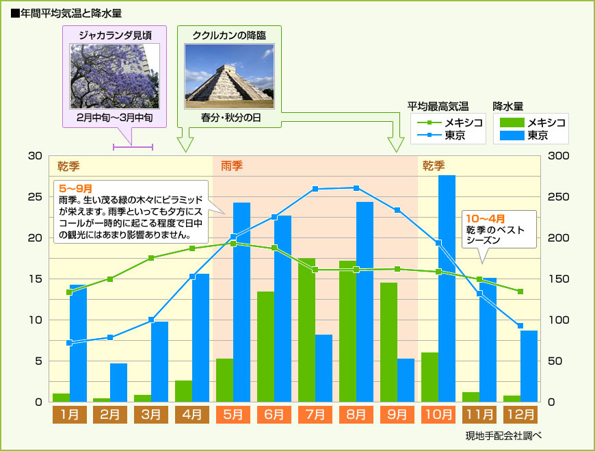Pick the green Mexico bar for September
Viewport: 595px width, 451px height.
point(388,342)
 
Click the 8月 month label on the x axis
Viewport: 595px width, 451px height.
point(356,414)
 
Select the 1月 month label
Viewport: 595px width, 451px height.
point(69,414)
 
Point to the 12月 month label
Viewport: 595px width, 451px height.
point(520,414)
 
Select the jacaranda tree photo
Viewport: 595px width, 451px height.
point(115,77)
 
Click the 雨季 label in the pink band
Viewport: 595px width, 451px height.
point(231,166)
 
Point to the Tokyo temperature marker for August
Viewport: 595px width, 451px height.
point(356,188)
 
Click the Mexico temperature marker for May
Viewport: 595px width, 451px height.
point(233,243)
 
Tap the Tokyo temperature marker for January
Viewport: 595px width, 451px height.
point(69,343)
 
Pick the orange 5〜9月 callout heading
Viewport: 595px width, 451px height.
point(76,188)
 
